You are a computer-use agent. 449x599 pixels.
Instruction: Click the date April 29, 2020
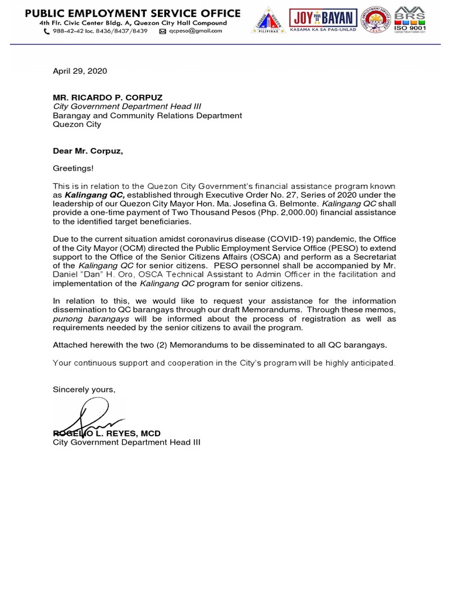pyautogui.click(x=80, y=71)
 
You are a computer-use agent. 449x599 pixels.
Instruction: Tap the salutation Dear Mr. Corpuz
pyautogui.click(x=88, y=151)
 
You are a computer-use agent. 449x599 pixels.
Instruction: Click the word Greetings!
pyautogui.click(x=73, y=168)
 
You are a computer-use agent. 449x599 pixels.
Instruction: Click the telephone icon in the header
pyautogui.click(x=47, y=31)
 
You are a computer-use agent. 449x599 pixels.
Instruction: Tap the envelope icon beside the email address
pyautogui.click(x=163, y=31)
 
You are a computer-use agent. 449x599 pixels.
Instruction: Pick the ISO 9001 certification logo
pyautogui.click(x=410, y=20)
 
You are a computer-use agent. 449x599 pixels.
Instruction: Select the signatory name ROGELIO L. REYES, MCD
pyautogui.click(x=106, y=433)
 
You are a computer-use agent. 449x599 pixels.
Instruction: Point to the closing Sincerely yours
pyautogui.click(x=84, y=390)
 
